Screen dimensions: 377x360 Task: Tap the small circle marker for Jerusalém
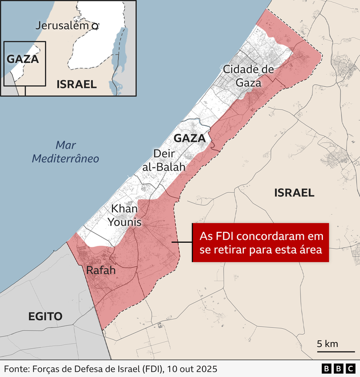pos(95,26)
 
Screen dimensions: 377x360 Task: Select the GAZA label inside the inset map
pos(23,59)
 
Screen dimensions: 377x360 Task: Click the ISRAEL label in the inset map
pos(76,84)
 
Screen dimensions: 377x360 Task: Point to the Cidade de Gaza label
pos(248,76)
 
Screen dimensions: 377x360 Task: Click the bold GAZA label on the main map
pos(189,139)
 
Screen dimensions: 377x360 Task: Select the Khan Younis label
pos(125,215)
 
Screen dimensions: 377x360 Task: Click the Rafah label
pos(101,270)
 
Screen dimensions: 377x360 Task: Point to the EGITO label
pos(45,317)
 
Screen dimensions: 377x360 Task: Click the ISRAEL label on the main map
pos(294,193)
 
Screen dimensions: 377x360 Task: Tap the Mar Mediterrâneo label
pos(65,152)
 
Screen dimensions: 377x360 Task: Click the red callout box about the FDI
pos(261,242)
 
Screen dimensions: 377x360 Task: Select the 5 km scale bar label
pos(327,344)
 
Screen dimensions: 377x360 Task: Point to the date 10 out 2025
pos(192,369)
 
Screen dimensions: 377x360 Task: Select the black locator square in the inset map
pos(25,64)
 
